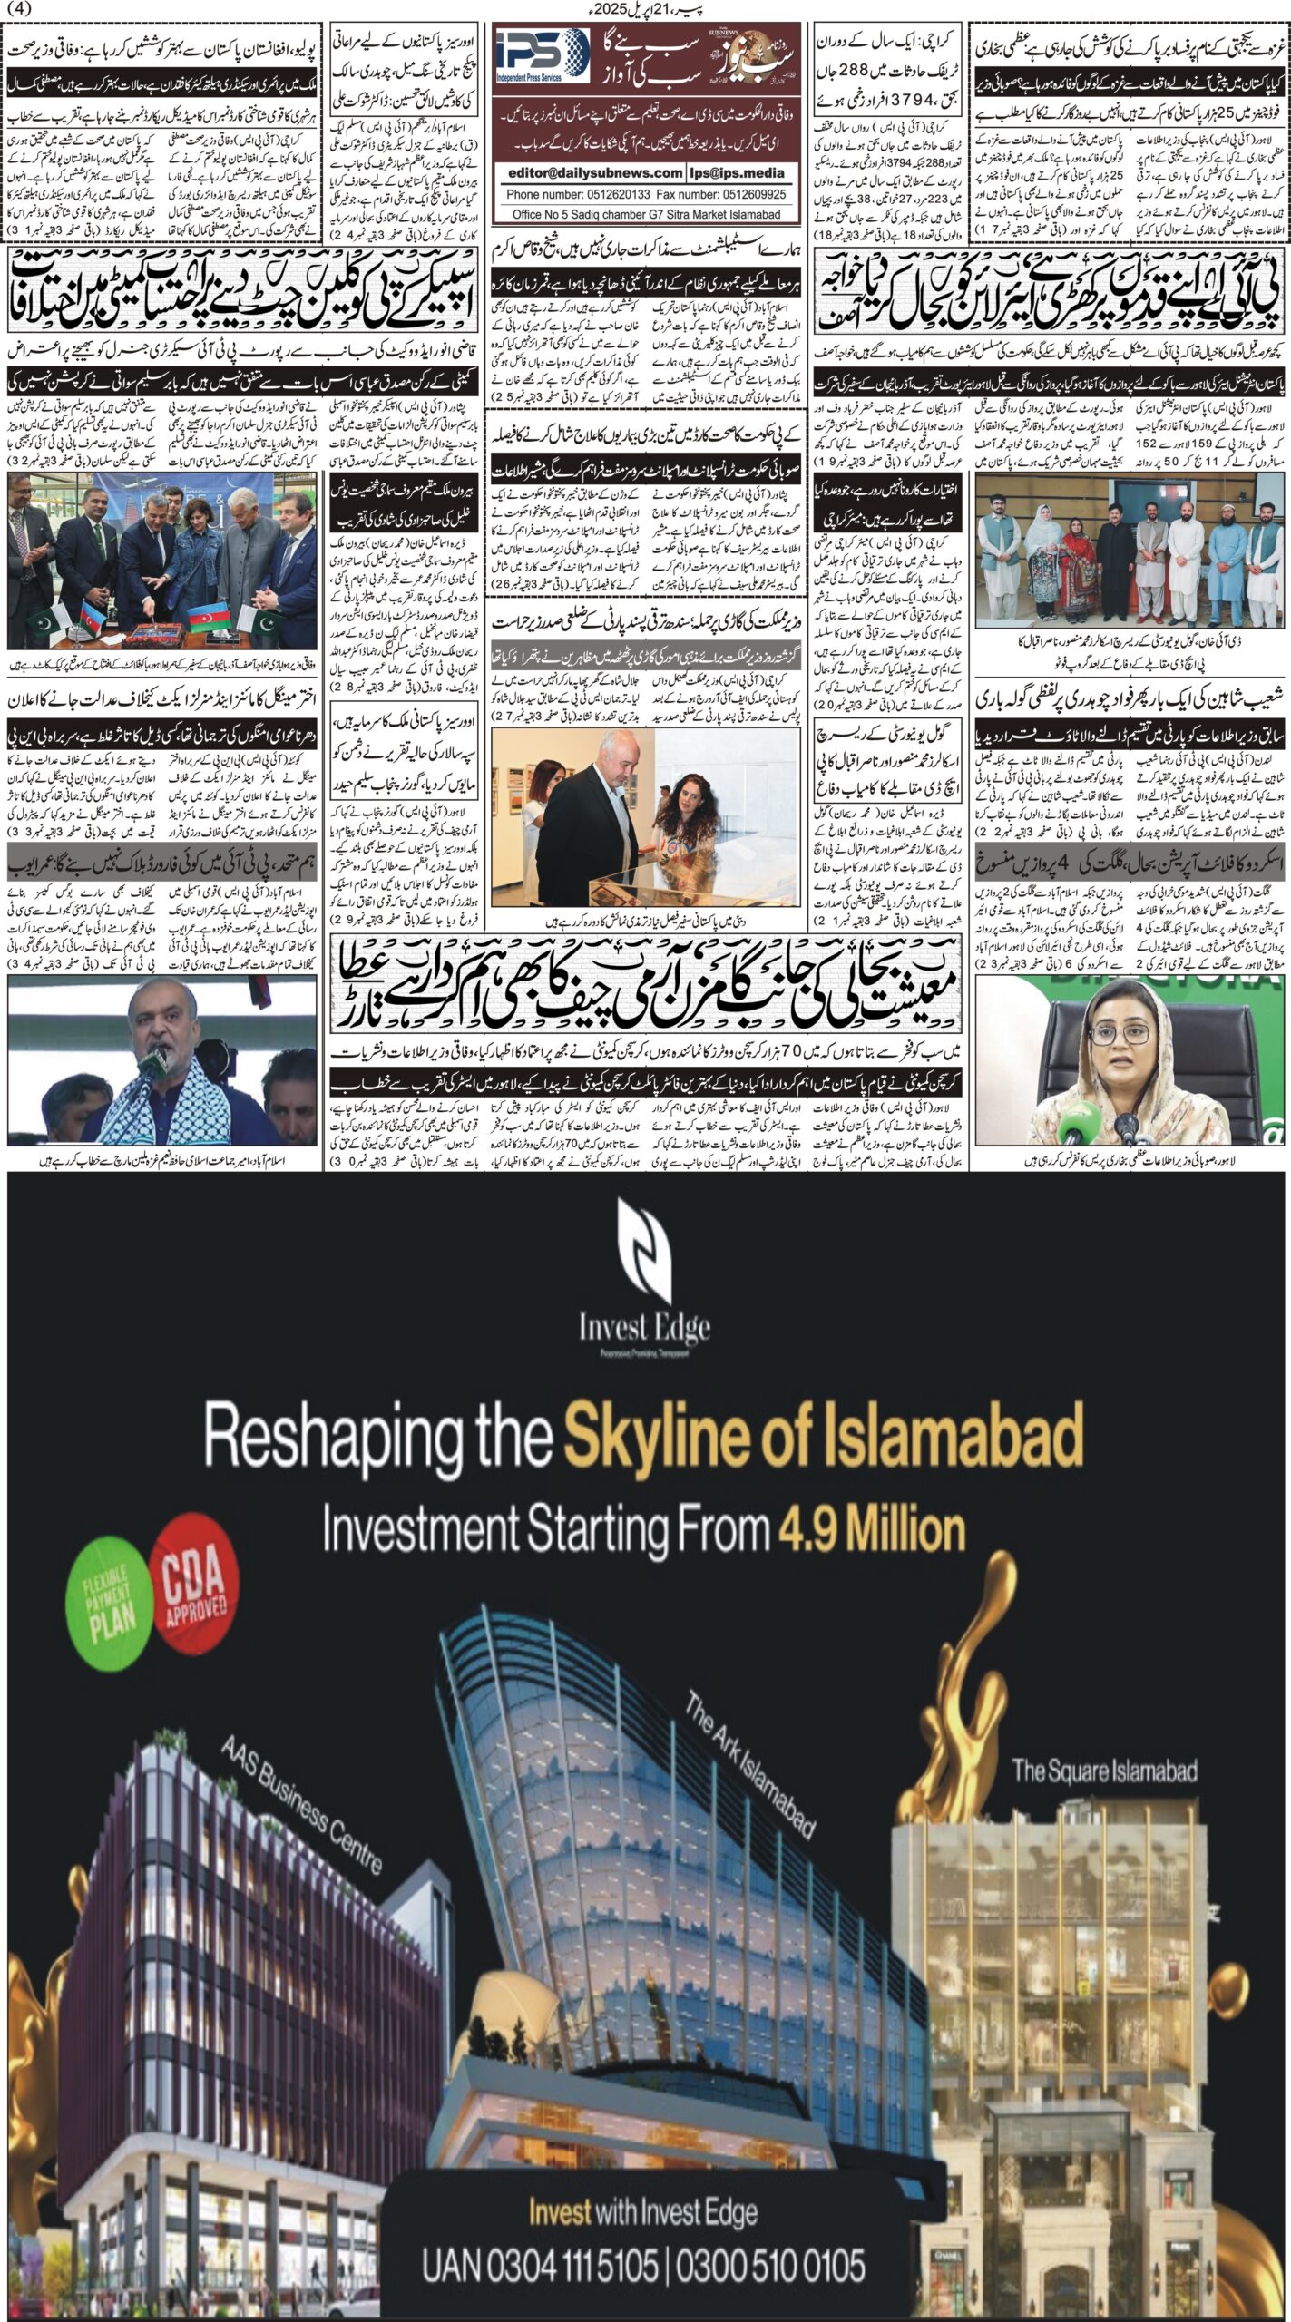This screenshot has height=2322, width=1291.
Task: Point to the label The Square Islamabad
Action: tap(1104, 1770)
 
